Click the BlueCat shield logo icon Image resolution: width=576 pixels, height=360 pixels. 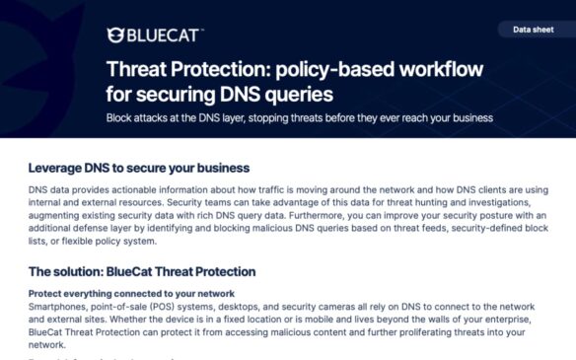114,36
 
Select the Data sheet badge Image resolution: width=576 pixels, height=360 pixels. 533,30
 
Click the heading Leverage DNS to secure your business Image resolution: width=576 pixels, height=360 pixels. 139,168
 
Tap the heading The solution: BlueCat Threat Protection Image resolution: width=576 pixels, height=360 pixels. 142,271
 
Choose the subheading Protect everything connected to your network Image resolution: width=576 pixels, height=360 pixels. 131,293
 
